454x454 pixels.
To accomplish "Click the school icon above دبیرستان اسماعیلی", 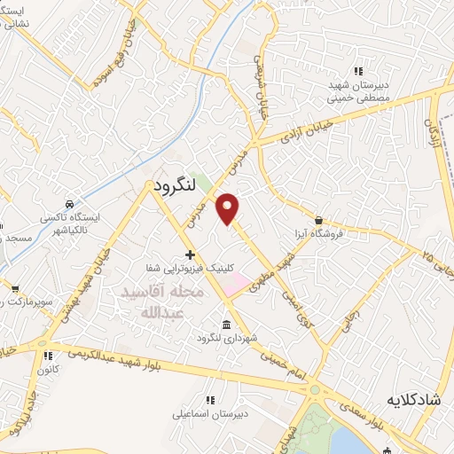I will click(x=210, y=401).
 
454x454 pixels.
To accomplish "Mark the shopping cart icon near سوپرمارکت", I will click(x=15, y=289).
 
